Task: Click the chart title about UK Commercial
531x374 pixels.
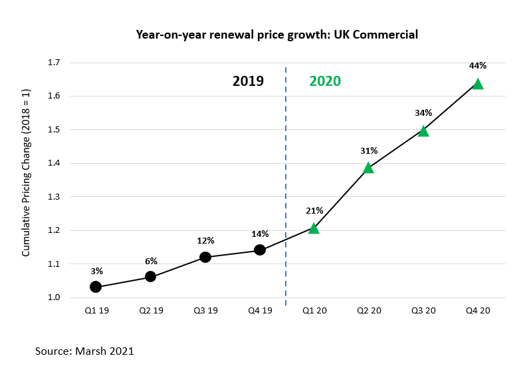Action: coord(277,34)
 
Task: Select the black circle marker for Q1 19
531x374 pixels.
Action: coord(96,287)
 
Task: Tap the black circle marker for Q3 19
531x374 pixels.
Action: coord(205,257)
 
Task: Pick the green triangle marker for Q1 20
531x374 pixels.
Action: coord(314,229)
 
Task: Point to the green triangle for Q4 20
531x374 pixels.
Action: coord(478,84)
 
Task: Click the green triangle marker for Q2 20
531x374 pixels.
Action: coord(368,168)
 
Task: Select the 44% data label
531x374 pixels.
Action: coord(478,66)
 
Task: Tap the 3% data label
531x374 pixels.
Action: coord(96,271)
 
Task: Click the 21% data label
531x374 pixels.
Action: coord(314,211)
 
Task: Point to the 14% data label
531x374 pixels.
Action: coord(260,234)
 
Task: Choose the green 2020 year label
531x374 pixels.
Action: coord(325,81)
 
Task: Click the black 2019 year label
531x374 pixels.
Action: coord(248,81)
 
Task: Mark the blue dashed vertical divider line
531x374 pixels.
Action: coord(286,186)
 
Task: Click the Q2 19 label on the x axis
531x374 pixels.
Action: coord(151,311)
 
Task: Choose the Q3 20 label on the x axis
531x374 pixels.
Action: coord(423,311)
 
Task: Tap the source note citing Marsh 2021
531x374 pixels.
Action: coord(84,351)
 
